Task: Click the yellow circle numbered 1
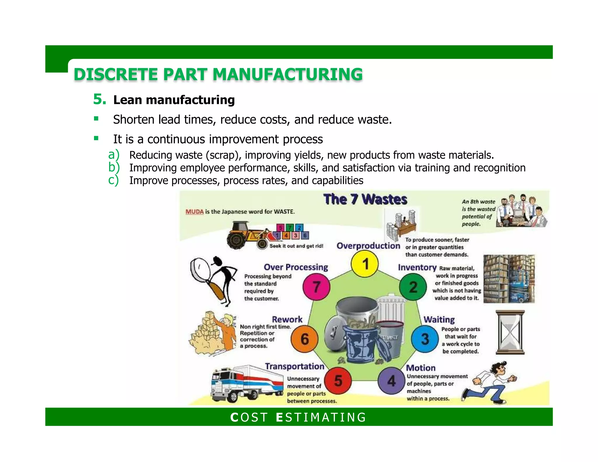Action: point(364,264)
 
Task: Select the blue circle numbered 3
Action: point(425,339)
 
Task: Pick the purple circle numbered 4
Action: point(391,381)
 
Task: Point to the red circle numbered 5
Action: point(338,381)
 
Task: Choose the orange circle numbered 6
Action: point(305,339)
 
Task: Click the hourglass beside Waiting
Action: point(510,332)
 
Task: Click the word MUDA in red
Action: point(194,212)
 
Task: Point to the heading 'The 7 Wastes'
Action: point(365,199)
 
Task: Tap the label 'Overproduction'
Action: point(368,246)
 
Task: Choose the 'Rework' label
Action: point(287,319)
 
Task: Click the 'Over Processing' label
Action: point(296,267)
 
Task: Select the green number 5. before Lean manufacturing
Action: point(100,100)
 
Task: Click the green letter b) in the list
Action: point(114,168)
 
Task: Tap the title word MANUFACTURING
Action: point(288,74)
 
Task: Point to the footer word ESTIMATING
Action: point(321,417)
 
